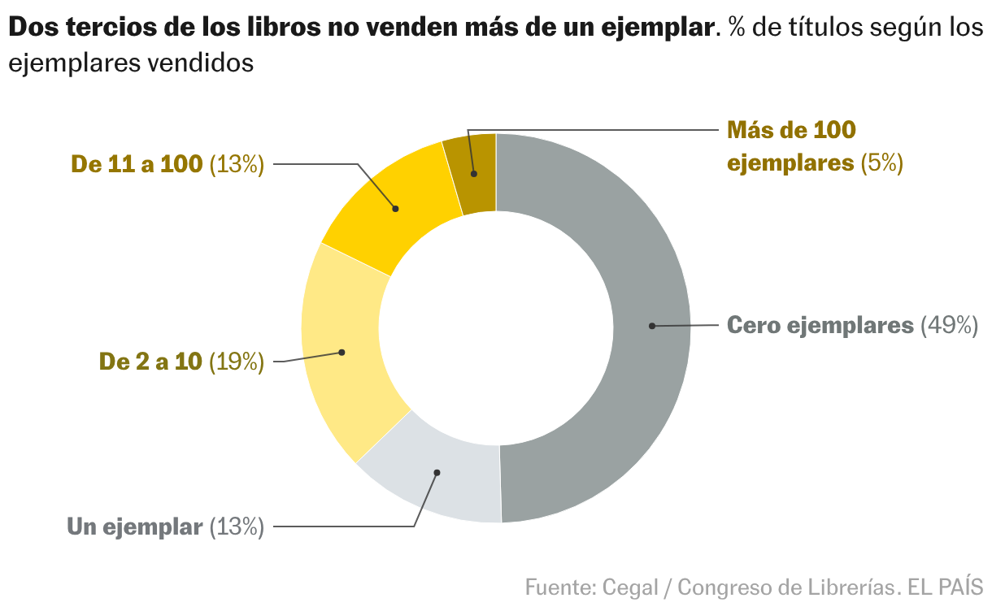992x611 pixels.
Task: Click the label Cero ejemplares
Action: click(x=820, y=325)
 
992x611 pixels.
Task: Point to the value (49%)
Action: click(x=948, y=325)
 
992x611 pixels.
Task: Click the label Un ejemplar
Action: click(x=134, y=526)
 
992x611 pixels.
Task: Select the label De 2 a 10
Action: click(x=150, y=362)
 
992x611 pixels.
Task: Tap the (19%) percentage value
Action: click(x=237, y=362)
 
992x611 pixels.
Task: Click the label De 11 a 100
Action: click(x=137, y=164)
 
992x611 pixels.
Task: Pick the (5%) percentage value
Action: click(x=882, y=162)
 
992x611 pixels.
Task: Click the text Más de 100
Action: click(x=791, y=130)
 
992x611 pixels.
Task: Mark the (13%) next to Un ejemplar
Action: click(x=237, y=526)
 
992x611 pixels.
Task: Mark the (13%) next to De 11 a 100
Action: click(x=237, y=164)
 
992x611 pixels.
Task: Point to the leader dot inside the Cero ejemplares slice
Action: click(x=651, y=326)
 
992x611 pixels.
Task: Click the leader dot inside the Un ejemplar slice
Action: click(x=437, y=472)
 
